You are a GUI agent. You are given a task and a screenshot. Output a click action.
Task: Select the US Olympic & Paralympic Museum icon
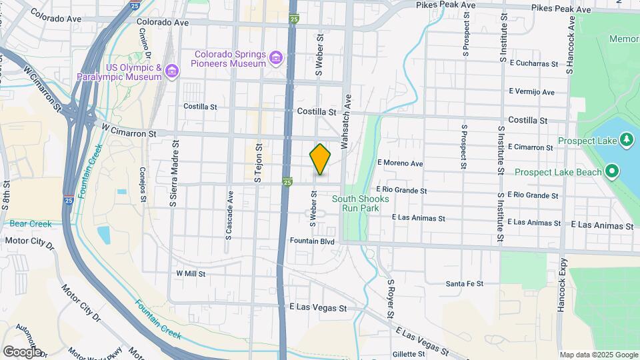pyautogui.click(x=172, y=70)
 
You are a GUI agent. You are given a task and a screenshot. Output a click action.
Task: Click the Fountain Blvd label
pyautogui.click(x=311, y=241)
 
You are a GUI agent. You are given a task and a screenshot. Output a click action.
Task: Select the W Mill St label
pyautogui.click(x=191, y=273)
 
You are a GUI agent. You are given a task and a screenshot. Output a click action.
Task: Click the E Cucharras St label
pyautogui.click(x=533, y=64)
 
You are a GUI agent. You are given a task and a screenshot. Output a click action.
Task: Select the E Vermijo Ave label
pyautogui.click(x=531, y=92)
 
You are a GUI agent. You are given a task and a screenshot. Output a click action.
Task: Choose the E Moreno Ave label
pyautogui.click(x=400, y=163)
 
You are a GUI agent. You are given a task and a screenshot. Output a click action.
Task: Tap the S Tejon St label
pyautogui.click(x=256, y=162)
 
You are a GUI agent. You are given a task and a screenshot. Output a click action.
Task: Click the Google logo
pyautogui.click(x=21, y=351)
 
